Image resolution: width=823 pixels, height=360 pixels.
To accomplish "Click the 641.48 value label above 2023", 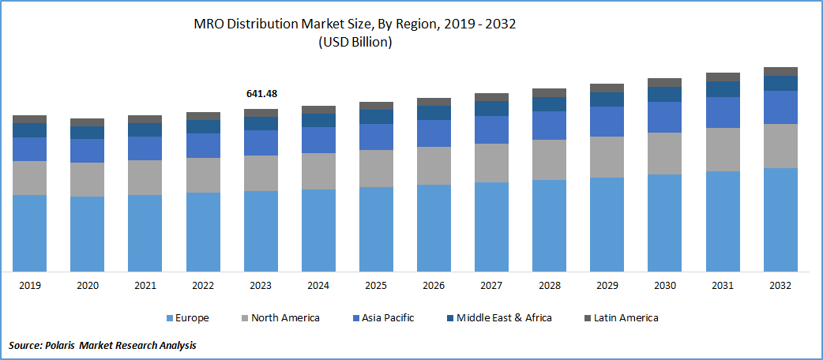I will (261, 94).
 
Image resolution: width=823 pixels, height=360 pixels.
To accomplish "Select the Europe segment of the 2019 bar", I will (29, 233).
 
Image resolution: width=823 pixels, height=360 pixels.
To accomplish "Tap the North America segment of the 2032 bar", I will (780, 146).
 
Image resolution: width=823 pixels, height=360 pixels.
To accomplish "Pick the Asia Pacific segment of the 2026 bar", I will (434, 133).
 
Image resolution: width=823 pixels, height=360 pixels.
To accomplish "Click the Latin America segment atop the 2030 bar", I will (664, 82).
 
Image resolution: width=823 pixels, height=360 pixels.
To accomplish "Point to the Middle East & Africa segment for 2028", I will (549, 104).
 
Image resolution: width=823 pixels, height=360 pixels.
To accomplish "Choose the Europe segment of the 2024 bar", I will (318, 231).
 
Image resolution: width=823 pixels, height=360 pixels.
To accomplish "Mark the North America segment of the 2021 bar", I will (145, 178).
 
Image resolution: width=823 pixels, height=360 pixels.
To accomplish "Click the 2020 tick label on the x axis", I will (87, 285).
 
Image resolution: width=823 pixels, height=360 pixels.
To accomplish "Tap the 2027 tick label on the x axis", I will (491, 285).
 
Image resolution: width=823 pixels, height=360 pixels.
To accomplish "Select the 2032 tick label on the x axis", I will (780, 285).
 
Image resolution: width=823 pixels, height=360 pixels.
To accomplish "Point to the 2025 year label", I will (376, 285).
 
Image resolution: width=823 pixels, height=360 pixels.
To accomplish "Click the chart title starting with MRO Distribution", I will (355, 24).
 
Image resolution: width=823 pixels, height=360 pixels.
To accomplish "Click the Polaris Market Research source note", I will (103, 346).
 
